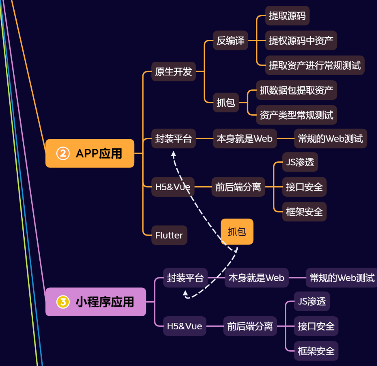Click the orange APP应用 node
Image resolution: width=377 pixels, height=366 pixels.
(x=90, y=153)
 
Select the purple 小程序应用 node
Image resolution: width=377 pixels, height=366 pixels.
(x=96, y=302)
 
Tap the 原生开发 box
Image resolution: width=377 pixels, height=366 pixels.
(x=173, y=71)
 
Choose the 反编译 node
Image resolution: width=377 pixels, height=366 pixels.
(x=230, y=40)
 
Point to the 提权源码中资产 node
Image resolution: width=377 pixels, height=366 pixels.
(x=301, y=40)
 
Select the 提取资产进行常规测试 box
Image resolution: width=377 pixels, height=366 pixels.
(x=315, y=65)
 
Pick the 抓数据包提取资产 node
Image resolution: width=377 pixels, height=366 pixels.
(x=296, y=90)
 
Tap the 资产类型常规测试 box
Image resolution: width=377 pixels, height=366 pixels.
(x=296, y=115)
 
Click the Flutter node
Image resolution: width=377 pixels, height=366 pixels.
(x=169, y=235)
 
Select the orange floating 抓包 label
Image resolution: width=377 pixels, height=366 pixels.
(x=237, y=232)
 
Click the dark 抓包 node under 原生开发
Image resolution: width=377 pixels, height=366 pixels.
(x=226, y=103)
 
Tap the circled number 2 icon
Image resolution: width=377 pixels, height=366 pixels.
(x=63, y=153)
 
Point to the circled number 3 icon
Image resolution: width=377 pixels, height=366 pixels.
(x=63, y=302)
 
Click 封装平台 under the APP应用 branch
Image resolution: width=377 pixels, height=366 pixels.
(x=173, y=138)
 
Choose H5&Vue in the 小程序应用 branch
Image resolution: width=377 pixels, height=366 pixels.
(x=184, y=326)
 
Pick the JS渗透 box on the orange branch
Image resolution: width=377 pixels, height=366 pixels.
(x=300, y=162)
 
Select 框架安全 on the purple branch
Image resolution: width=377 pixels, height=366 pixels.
(x=316, y=351)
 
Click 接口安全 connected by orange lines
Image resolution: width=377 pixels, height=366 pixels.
(x=304, y=187)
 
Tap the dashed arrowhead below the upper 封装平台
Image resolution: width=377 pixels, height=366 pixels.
(x=174, y=154)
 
